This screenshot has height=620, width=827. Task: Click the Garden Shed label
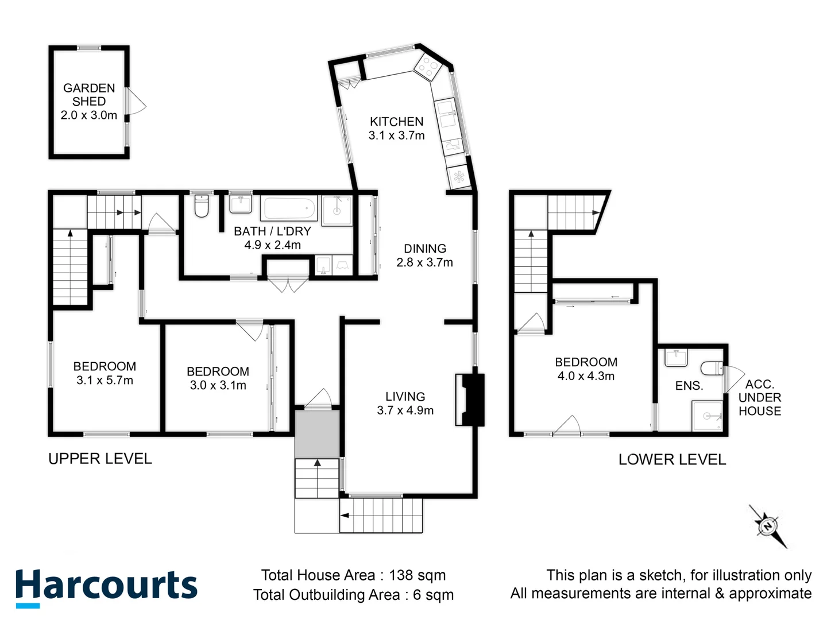(89, 101)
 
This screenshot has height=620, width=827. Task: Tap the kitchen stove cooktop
(427, 67)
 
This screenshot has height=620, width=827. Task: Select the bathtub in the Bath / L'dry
(289, 208)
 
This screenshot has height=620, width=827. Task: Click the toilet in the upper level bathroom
(201, 207)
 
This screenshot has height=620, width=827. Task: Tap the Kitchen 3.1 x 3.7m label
(396, 129)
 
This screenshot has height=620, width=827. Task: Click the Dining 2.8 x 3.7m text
(424, 255)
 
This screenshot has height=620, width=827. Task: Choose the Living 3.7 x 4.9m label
(405, 403)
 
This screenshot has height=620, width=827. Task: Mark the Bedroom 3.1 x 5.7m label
(105, 373)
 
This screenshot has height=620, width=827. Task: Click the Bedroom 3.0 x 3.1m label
(218, 378)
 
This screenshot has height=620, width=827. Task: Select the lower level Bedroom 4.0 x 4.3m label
(586, 369)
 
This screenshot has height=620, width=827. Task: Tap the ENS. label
(689, 386)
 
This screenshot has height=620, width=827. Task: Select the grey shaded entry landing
(317, 433)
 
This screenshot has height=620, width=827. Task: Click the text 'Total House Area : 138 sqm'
(353, 575)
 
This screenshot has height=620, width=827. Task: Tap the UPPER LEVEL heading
(100, 459)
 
